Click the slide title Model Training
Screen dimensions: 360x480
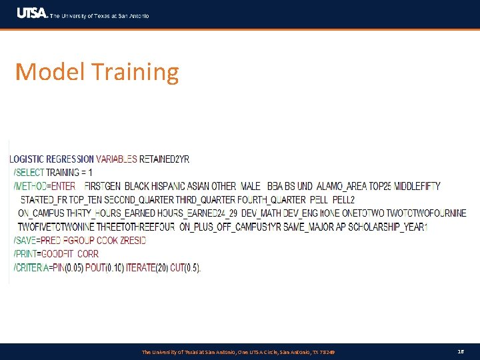pyautogui.click(x=97, y=72)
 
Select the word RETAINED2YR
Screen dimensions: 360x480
pyautogui.click(x=164, y=159)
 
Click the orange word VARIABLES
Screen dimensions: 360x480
pyautogui.click(x=117, y=159)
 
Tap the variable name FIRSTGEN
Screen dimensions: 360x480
pyautogui.click(x=103, y=186)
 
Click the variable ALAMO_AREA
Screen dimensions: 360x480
pyautogui.click(x=342, y=186)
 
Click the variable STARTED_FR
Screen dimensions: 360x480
pyautogui.click(x=44, y=200)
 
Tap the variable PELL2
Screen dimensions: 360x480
pyautogui.click(x=343, y=200)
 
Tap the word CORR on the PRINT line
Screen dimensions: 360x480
pyautogui.click(x=88, y=254)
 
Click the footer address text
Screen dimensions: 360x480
pyautogui.click(x=238, y=351)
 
